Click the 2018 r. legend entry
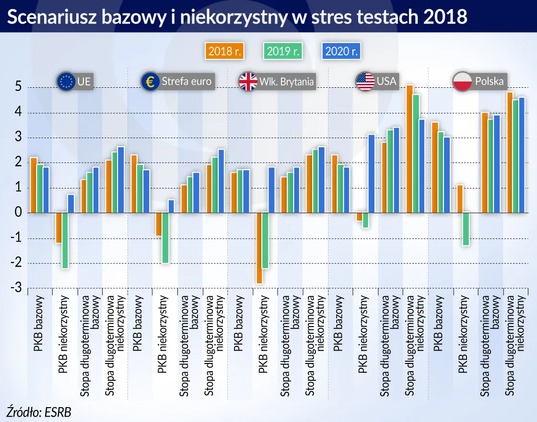[x=224, y=51]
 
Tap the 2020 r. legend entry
[x=341, y=51]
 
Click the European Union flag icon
[x=65, y=82]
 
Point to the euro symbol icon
[x=150, y=82]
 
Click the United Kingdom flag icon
[x=248, y=82]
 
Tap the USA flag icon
[x=365, y=81]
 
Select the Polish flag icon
[x=463, y=82]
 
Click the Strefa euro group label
[x=186, y=82]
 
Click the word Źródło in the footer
[x=23, y=411]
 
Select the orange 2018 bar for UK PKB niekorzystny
[x=259, y=248]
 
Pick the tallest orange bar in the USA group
[x=409, y=149]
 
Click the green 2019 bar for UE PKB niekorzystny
[x=65, y=240]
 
